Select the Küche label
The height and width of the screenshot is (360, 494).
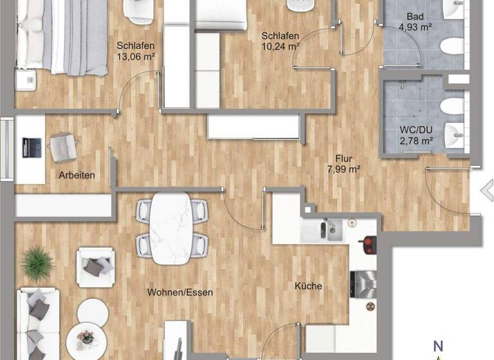(309, 286)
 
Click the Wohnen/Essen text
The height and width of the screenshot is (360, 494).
(180, 292)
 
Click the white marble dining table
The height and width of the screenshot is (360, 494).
(172, 228)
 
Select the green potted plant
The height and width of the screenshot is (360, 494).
(37, 263)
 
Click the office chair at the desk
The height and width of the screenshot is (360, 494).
(63, 147)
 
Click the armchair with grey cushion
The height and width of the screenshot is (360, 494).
(96, 267)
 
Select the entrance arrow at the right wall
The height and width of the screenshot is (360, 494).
(487, 190)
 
